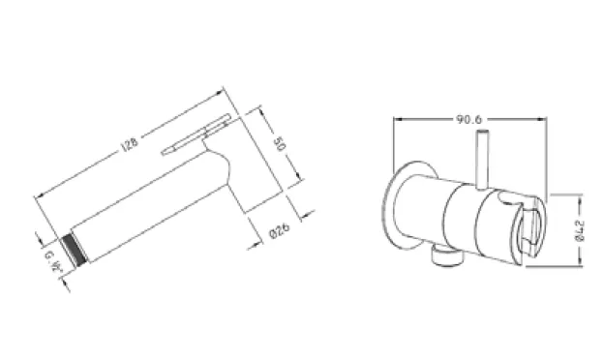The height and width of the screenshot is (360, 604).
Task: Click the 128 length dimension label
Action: click(x=130, y=145)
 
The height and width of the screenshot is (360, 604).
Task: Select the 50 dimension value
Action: click(x=280, y=143)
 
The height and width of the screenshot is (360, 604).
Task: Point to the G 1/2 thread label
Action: click(x=53, y=261)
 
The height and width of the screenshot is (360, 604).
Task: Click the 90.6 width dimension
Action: click(x=468, y=119)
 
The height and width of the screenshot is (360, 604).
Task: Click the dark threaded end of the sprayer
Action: click(x=75, y=250)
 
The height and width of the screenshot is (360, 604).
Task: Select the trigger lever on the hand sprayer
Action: click(x=196, y=134)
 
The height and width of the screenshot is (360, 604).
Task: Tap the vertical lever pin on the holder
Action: click(x=482, y=160)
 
